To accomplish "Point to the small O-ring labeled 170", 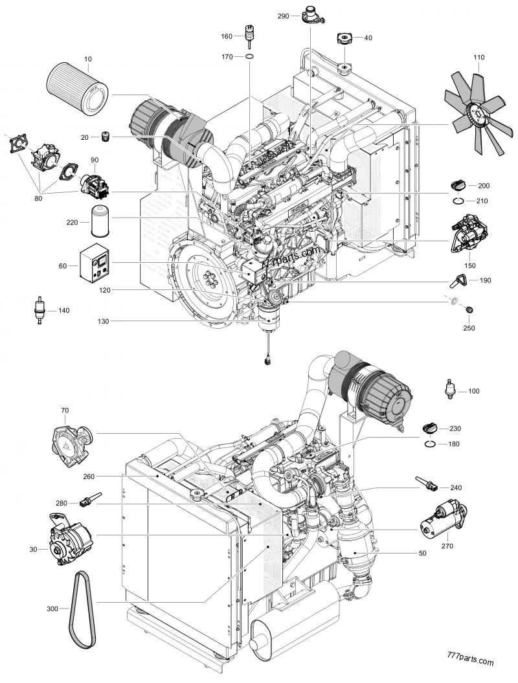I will tap(249, 58).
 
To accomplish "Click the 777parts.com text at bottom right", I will tap(470, 662).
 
